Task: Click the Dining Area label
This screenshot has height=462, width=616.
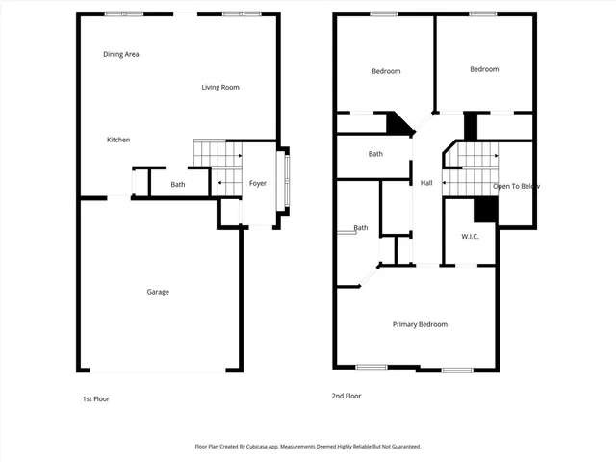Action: pos(121,54)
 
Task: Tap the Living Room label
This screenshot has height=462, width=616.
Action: pos(220,88)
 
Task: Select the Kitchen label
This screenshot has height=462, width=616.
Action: pos(118,140)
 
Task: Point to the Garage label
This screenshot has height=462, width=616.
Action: pos(158,292)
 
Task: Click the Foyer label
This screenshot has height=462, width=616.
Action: pos(258,183)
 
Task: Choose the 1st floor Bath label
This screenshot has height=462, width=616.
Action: pos(178,184)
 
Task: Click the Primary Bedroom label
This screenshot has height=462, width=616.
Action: pos(420,324)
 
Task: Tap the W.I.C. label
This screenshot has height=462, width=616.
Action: pos(471,236)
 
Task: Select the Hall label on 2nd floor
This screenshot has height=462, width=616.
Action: pos(426,183)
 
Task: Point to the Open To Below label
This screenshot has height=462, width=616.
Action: pos(516,186)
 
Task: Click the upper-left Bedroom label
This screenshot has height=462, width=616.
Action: pos(386,71)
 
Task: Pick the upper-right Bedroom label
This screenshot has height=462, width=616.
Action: pos(484,69)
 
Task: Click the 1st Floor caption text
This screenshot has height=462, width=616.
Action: pos(95,398)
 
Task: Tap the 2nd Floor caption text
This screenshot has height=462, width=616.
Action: pos(347,396)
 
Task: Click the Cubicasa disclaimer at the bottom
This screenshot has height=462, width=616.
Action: pos(308,447)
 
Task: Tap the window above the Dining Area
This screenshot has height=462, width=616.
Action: pos(123,13)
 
